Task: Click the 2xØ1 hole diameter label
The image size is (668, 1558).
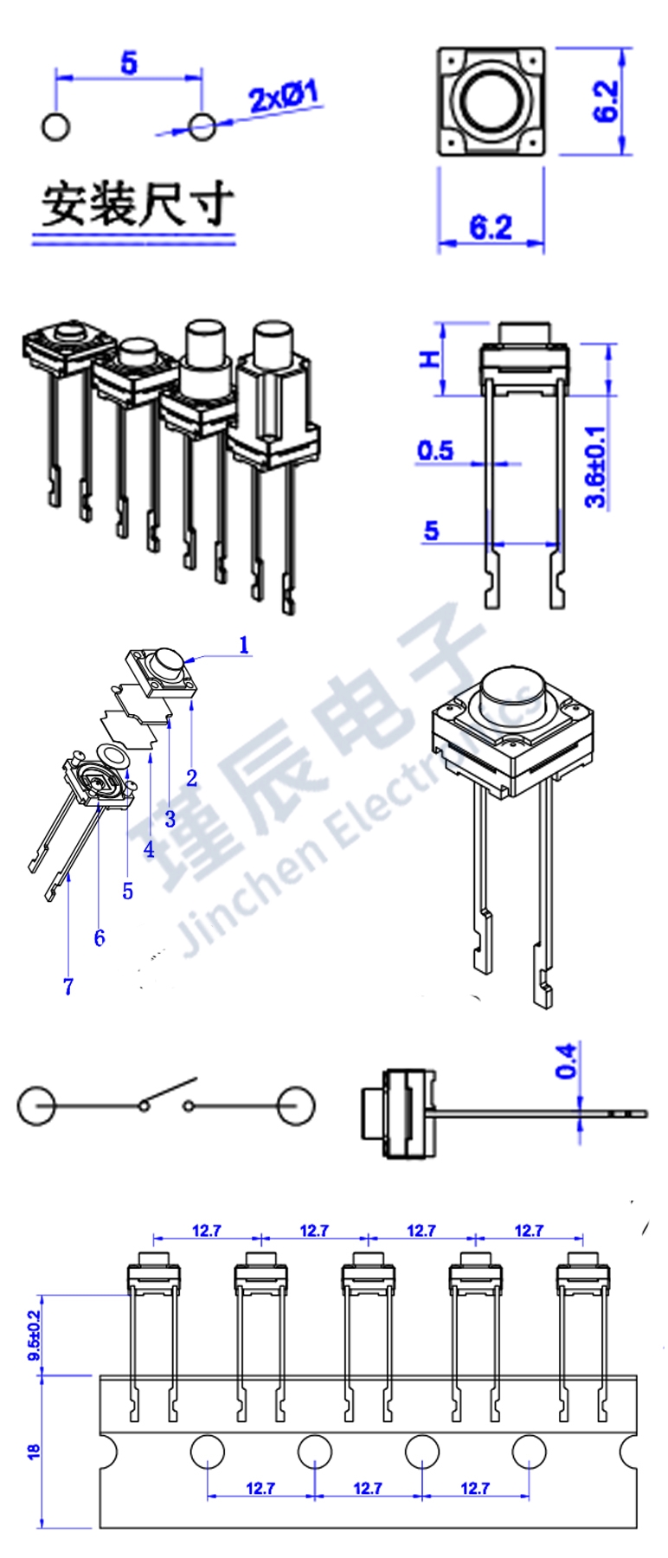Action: pyautogui.click(x=284, y=96)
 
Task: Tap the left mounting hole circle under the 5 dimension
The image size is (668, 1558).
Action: pyautogui.click(x=55, y=126)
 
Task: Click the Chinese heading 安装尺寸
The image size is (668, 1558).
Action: pyautogui.click(x=137, y=204)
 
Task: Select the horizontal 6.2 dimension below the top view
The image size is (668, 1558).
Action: pyautogui.click(x=491, y=228)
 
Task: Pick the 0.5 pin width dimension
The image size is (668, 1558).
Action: pyautogui.click(x=434, y=451)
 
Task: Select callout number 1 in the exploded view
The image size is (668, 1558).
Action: pyautogui.click(x=244, y=645)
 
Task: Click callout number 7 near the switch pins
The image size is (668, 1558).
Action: pyautogui.click(x=68, y=986)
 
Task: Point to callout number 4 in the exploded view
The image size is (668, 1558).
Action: pyautogui.click(x=149, y=849)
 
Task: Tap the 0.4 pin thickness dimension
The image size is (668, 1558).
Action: pyautogui.click(x=566, y=1060)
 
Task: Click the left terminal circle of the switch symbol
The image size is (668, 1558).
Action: pyautogui.click(x=36, y=1105)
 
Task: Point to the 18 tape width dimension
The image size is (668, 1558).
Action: pyautogui.click(x=34, y=1452)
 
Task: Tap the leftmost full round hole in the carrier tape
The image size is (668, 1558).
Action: pyautogui.click(x=208, y=1452)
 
